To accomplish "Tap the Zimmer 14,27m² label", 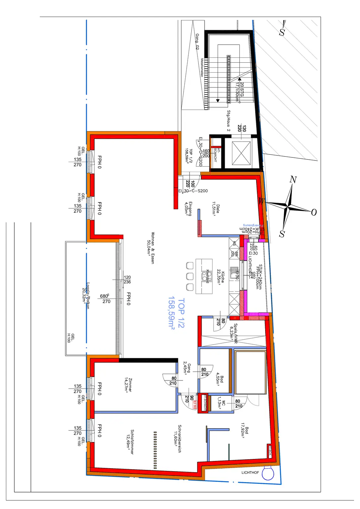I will [x=128, y=385].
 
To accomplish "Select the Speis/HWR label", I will [x=233, y=333].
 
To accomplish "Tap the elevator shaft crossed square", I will [x=241, y=153].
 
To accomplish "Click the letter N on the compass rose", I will [x=293, y=180].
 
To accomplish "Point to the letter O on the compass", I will [x=314, y=212].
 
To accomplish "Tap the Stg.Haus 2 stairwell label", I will [x=228, y=121].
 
